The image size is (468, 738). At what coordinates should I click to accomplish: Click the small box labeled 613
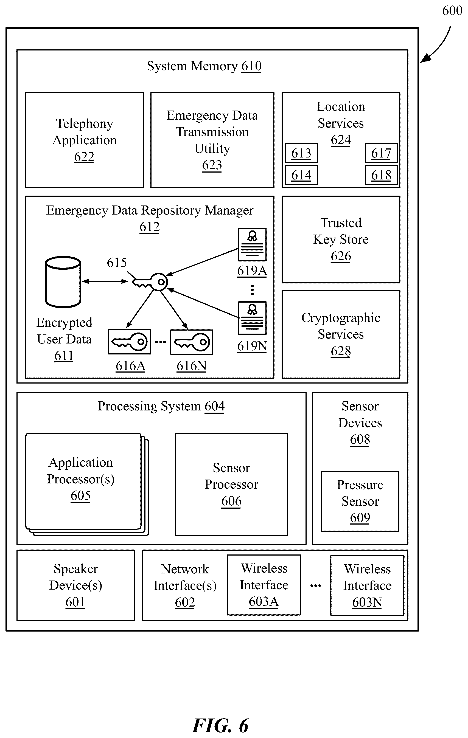301,153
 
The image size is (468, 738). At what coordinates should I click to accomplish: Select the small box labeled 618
381,175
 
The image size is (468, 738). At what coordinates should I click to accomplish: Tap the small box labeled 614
301,175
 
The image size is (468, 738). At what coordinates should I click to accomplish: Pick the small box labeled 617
381,153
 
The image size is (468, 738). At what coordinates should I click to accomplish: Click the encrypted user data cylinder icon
63,282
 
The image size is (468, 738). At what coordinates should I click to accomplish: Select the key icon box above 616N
192,342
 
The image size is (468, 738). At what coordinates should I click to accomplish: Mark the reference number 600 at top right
452,11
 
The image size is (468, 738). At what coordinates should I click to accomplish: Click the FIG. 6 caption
220,725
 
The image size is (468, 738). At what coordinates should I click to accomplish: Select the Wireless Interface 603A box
264,585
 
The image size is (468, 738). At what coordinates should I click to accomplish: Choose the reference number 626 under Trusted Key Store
341,256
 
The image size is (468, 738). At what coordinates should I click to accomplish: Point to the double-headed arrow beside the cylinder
105,281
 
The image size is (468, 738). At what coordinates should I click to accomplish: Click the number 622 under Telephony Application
84,157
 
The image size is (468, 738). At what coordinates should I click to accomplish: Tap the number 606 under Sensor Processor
231,501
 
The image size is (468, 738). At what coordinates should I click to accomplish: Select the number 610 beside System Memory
251,66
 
